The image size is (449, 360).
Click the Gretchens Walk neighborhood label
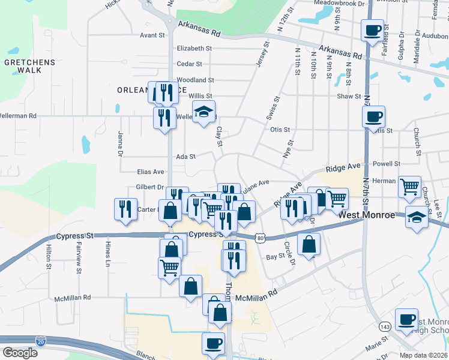[29, 66]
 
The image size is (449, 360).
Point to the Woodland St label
[195, 80]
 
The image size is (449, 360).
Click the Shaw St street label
[349, 96]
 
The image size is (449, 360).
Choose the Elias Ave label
[150, 172]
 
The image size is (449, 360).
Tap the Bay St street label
[274, 256]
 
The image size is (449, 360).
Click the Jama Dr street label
[121, 144]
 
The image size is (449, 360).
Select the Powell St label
[386, 164]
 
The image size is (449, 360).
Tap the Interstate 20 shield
[41, 341]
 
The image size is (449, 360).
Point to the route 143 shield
[385, 326]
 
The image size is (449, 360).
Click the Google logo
[19, 353]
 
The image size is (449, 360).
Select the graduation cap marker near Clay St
[203, 112]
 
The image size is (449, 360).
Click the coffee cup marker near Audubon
[372, 29]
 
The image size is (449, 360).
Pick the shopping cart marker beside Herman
[409, 186]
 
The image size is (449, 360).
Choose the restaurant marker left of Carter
[125, 208]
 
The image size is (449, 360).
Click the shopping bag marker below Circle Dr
[309, 244]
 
